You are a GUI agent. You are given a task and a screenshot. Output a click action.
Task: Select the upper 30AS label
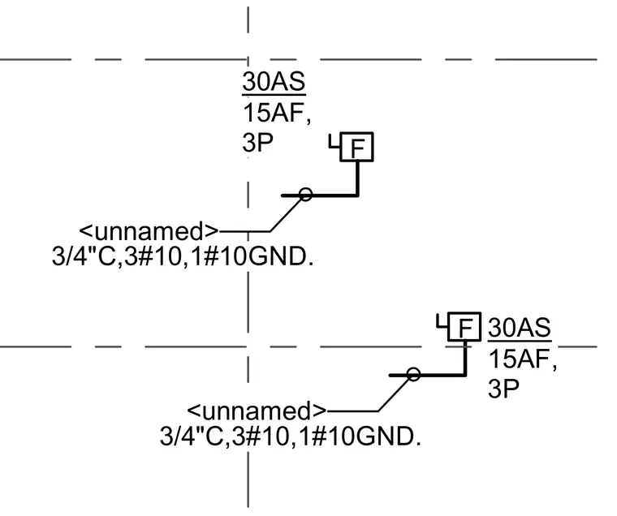[x=274, y=82]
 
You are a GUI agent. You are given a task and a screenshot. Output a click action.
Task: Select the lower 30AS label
[x=520, y=327]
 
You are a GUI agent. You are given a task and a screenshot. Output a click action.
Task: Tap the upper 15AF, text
[x=277, y=113]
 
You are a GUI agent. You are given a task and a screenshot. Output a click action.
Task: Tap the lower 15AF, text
[x=523, y=359]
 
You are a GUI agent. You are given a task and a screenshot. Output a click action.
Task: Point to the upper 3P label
[x=257, y=142]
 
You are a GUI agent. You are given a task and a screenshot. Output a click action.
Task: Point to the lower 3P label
[x=503, y=389]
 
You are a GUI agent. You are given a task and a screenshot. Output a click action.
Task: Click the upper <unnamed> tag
[x=149, y=231]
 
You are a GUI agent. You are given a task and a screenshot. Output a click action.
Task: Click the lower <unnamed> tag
[x=257, y=411]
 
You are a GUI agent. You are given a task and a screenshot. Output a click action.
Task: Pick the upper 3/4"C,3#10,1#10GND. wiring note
[x=183, y=256]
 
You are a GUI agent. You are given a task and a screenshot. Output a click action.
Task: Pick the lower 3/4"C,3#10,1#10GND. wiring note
[x=291, y=436]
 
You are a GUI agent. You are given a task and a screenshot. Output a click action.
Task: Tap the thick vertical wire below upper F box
[x=358, y=178]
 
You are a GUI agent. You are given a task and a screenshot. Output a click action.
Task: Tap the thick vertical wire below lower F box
[x=465, y=358]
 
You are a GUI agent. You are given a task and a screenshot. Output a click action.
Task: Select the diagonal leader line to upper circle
[x=286, y=215]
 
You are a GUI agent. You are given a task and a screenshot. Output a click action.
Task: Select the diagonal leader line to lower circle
[x=394, y=395]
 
